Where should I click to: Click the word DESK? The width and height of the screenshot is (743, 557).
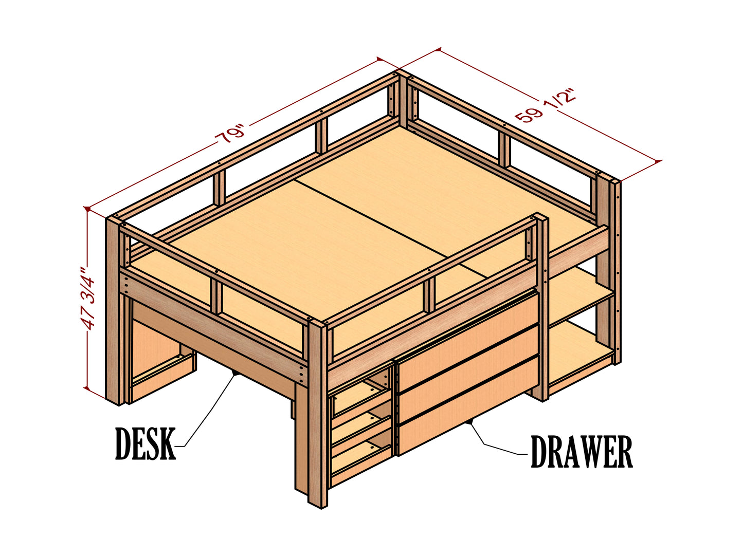[145, 443]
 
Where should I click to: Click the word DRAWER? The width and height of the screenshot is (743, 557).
[581, 452]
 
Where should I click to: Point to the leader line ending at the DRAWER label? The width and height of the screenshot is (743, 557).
[494, 444]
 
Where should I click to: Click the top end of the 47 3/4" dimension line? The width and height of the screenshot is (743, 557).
[88, 209]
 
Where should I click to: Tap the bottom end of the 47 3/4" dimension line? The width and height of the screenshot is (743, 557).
[88, 388]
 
